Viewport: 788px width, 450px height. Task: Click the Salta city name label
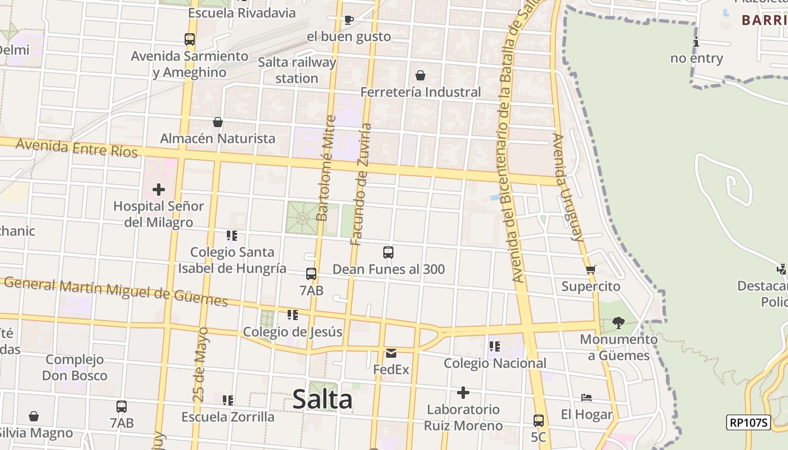tap(323, 400)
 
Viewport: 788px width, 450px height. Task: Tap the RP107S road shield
tap(748, 422)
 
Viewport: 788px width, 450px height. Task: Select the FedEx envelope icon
tap(391, 353)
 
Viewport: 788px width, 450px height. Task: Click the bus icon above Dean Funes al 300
tap(388, 253)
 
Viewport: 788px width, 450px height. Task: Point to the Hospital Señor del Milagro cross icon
tap(159, 190)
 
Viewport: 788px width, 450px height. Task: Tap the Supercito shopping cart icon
tap(590, 270)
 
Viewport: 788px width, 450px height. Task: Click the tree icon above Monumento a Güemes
tap(618, 323)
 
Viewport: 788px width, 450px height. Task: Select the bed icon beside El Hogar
tap(586, 398)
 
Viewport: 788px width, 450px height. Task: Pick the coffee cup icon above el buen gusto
tap(349, 20)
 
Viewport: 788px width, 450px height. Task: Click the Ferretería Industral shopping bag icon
tap(420, 75)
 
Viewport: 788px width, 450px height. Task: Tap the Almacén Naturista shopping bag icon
tap(218, 122)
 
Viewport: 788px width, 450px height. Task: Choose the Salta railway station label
tap(297, 70)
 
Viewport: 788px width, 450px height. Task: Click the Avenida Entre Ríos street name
tap(77, 148)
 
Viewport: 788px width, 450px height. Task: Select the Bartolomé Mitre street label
tap(326, 168)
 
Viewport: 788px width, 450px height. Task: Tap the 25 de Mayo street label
tap(200, 364)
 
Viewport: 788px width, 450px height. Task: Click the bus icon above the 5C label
tap(538, 420)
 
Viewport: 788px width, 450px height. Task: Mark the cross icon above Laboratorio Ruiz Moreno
tap(463, 392)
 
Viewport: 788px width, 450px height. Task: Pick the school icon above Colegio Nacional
tap(495, 346)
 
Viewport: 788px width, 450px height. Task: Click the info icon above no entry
tap(696, 42)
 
